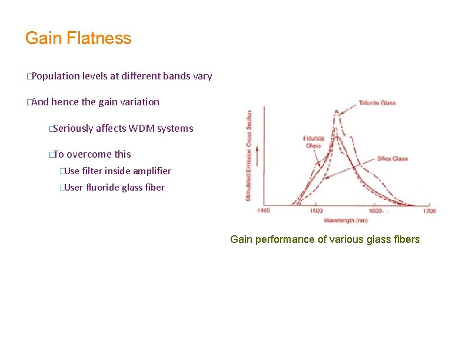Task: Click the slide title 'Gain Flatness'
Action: coord(78,39)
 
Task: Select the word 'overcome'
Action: coord(89,154)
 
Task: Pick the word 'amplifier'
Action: coord(152,171)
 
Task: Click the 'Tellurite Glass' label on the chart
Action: coord(377,103)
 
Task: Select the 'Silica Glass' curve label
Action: coord(392,159)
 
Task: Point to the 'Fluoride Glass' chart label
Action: coord(314,142)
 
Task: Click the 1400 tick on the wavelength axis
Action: coord(264,211)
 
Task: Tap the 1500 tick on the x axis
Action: coord(316,211)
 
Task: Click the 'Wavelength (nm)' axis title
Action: coord(345,221)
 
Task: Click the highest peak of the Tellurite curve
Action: coord(337,111)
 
